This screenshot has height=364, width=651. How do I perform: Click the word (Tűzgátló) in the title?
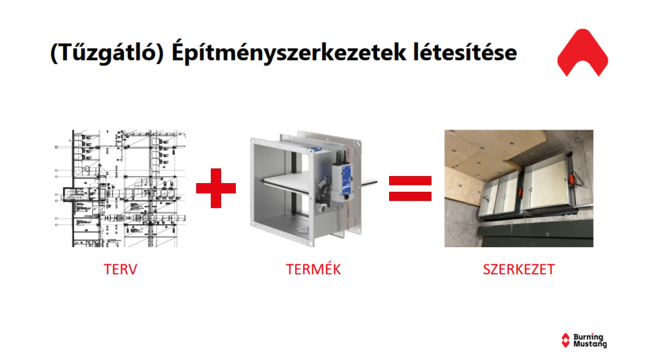click(107, 53)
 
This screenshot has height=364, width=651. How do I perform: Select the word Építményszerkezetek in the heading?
click(289, 53)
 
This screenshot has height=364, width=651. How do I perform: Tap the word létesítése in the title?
click(465, 52)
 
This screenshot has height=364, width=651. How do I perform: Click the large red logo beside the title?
click(582, 52)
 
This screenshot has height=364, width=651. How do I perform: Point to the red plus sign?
click(216, 188)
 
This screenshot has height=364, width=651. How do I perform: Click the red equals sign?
click(410, 189)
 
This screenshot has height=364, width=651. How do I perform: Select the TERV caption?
click(120, 269)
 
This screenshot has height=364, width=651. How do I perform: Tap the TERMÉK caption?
click(313, 269)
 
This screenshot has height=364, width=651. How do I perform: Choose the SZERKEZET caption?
click(519, 269)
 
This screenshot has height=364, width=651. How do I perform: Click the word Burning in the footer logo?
click(588, 337)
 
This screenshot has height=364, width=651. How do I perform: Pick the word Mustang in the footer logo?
click(590, 344)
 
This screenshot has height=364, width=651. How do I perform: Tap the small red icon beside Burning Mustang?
click(565, 340)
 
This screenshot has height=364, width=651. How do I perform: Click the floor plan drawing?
click(120, 189)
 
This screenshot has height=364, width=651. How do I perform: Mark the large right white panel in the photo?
click(547, 182)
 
